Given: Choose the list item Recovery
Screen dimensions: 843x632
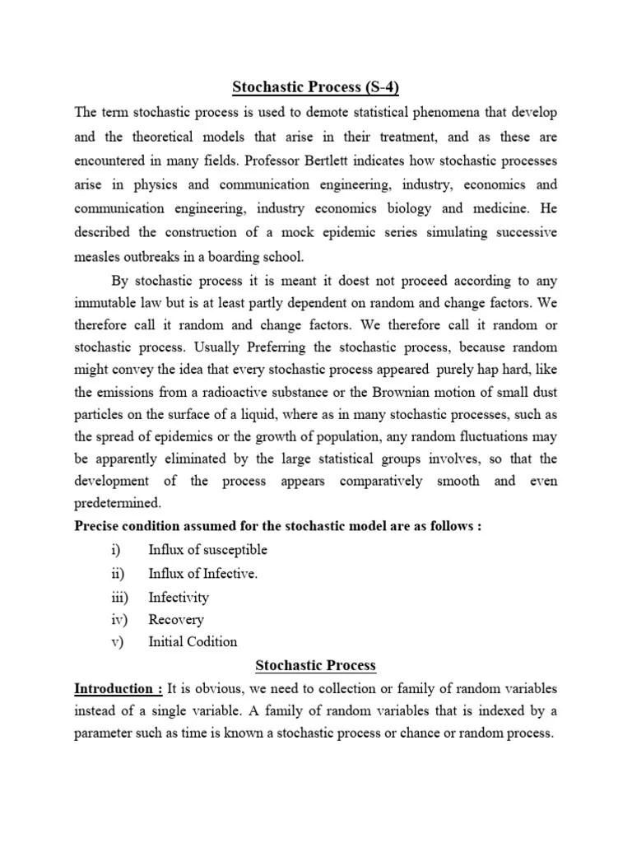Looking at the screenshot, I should point(176,619).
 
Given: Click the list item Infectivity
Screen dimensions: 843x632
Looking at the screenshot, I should point(179,597).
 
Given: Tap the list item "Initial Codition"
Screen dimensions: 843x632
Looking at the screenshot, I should point(193,641).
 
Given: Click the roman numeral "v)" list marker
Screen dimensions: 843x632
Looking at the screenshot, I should point(116,641).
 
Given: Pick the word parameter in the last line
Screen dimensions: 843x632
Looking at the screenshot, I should point(105,734).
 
